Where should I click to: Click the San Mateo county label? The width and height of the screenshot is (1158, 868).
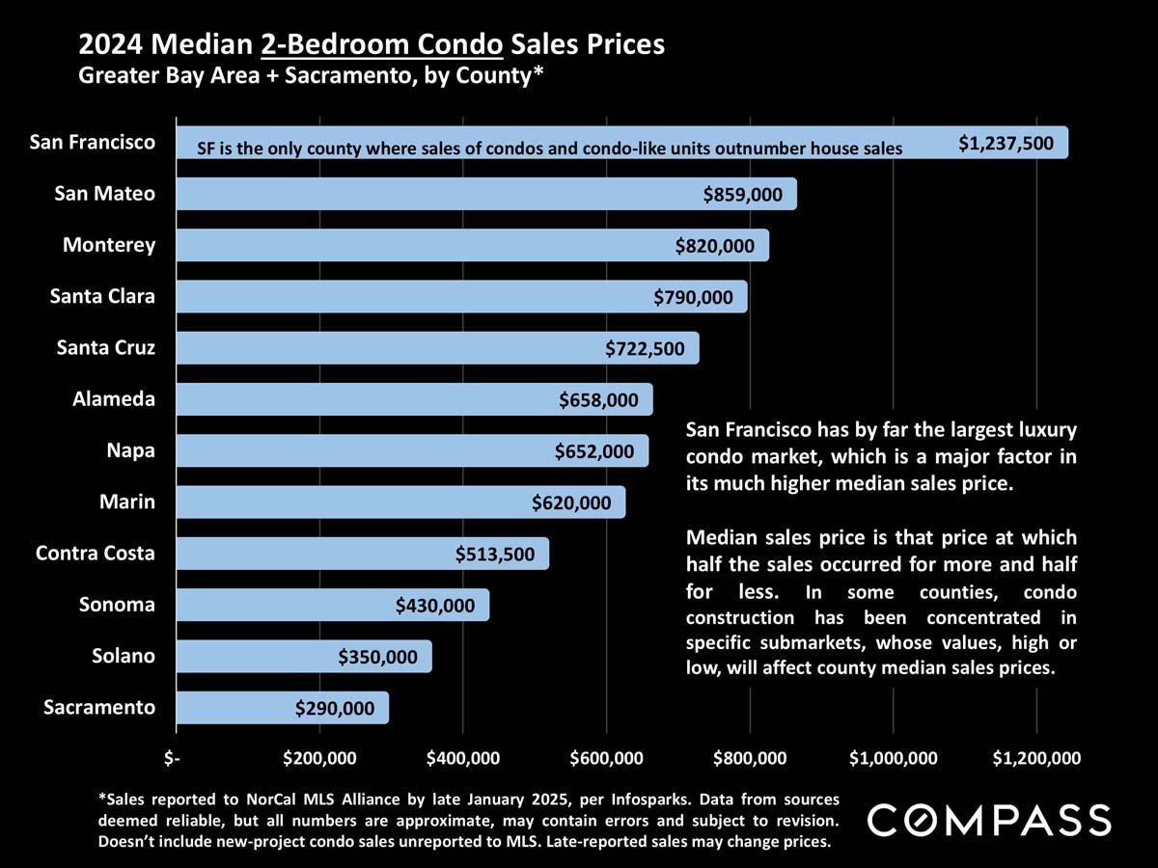coord(104,193)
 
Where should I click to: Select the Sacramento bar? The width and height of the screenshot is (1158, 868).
coord(282,708)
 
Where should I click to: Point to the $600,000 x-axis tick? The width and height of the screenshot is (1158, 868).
coord(607,758)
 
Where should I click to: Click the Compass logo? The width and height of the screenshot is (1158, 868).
coord(989,821)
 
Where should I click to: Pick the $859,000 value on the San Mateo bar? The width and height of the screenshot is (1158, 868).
coord(743,195)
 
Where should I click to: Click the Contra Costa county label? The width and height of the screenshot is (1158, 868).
coord(95,554)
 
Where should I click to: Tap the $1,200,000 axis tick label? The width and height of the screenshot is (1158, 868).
coord(1036,758)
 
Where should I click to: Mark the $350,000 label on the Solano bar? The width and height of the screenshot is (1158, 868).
coord(378,658)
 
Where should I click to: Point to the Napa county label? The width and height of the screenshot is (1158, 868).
coord(130,450)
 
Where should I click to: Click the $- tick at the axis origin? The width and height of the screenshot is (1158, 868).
coord(172,758)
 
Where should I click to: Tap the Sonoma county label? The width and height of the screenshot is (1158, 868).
coord(117,605)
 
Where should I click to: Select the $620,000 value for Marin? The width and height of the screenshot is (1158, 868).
coord(571,502)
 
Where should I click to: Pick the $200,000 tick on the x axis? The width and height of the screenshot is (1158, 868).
coord(320,758)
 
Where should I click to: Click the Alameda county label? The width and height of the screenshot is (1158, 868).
coord(114,398)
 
